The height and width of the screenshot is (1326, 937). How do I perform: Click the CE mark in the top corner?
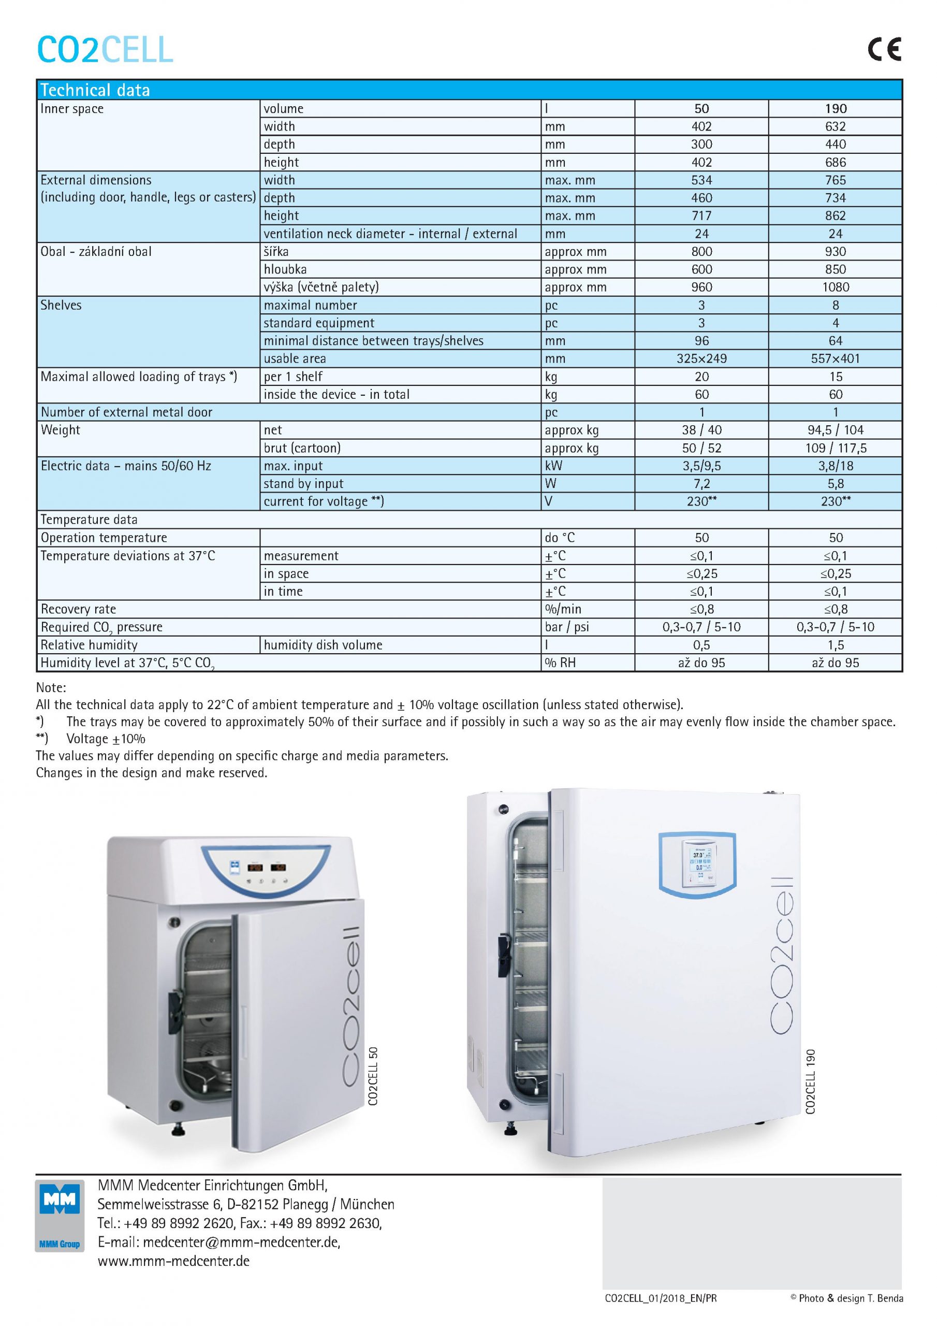884,49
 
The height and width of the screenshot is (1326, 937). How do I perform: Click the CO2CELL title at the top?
105,50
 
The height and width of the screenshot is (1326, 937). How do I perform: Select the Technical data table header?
95,90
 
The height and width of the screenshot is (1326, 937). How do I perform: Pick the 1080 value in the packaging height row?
835,287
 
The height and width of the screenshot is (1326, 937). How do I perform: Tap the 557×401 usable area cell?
835,358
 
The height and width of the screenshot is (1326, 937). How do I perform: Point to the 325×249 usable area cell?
701,358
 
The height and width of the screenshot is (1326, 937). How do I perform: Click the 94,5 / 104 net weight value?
835,430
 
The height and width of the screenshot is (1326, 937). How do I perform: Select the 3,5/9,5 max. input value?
701,466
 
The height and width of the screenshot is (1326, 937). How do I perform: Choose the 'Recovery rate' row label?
78,609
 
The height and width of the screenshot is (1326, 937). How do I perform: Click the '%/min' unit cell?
562,609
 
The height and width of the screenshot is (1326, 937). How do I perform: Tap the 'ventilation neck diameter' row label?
390,234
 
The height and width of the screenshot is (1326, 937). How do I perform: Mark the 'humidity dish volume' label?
323,645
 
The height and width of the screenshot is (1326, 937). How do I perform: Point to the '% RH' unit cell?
560,663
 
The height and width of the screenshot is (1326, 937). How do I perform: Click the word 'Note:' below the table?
51,688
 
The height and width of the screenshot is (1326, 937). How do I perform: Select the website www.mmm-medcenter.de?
173,1261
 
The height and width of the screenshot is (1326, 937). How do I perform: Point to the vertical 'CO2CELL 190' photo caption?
811,1081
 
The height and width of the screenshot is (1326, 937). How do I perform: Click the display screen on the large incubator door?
697,863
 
